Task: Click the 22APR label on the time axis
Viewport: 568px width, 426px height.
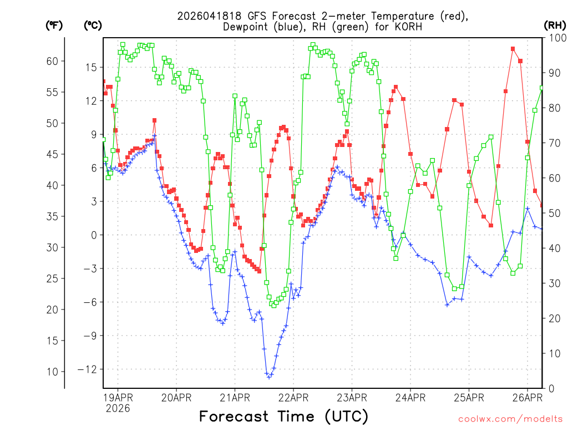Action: (x=293, y=397)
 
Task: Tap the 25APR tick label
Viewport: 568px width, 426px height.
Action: (x=469, y=397)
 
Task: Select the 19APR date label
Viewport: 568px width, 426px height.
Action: (x=118, y=397)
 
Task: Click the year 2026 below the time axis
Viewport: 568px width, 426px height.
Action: (x=118, y=408)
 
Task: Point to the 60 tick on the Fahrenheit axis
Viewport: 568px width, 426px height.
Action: (x=52, y=61)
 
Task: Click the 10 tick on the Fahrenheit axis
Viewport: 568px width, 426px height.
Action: (x=52, y=371)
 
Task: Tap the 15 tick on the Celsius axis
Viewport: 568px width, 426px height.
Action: (x=91, y=67)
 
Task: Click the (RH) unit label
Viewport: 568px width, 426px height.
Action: (x=555, y=24)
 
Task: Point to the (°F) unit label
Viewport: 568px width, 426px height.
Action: (x=53, y=25)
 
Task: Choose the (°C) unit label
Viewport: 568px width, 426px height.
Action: (x=93, y=25)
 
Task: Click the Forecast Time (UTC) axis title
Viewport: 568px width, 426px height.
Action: (x=283, y=416)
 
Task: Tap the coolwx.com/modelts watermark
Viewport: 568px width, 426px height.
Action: (x=510, y=418)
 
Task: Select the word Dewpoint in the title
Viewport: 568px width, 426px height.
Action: (x=244, y=26)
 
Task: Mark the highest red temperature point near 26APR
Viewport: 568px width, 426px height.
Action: (x=513, y=49)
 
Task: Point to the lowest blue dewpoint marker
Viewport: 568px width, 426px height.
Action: (x=269, y=377)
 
